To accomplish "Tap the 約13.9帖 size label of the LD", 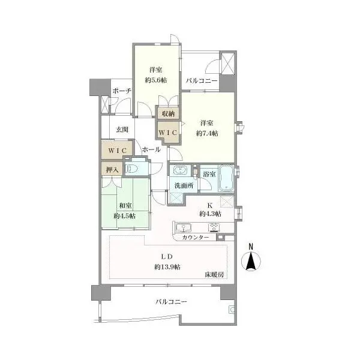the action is (167, 267).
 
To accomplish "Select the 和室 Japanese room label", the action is (125, 206).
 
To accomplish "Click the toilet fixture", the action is (131, 169).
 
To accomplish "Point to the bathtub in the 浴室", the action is (226, 178).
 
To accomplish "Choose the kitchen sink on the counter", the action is (184, 228).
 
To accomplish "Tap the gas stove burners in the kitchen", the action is (214, 227).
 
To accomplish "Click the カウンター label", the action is (196, 238).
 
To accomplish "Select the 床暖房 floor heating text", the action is (214, 275).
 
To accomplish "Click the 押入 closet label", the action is (112, 170).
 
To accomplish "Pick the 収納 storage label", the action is (168, 113).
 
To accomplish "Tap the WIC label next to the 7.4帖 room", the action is (168, 133).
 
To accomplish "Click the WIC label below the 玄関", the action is (118, 151).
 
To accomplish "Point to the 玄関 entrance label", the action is (122, 130).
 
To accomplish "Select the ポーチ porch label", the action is (122, 91).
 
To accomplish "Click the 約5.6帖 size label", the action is (156, 80).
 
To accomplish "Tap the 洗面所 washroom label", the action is (184, 186).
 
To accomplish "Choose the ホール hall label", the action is (151, 149).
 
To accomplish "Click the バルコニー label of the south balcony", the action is (171, 301).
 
